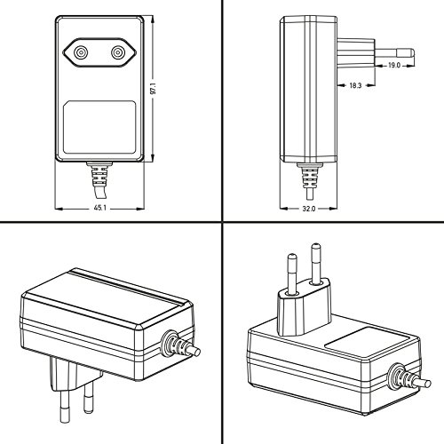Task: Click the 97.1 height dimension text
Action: pos(154,90)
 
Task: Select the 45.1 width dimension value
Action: pos(99,209)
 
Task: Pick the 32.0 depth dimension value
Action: pos(307,209)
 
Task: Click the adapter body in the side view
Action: pos(307,89)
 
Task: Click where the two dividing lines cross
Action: pos(221,223)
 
